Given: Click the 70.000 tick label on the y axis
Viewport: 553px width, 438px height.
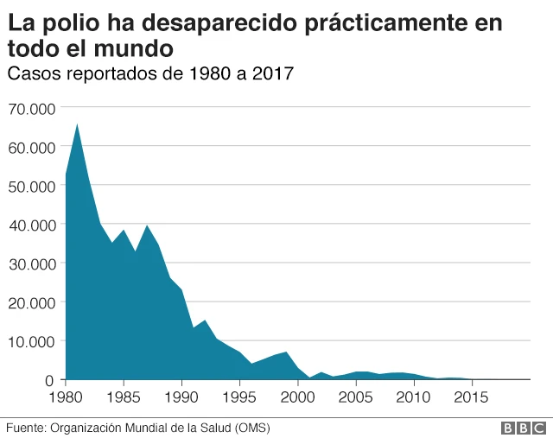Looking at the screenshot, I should click(31, 108).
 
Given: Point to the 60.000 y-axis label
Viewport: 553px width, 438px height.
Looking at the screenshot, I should click(31, 147).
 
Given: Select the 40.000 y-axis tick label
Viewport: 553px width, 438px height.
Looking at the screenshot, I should click(31, 225).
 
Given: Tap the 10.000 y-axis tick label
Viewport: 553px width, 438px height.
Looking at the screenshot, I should click(31, 341).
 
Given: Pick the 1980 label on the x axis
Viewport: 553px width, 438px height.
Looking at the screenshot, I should click(67, 397).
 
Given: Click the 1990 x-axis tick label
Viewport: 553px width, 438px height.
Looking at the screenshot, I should click(181, 397).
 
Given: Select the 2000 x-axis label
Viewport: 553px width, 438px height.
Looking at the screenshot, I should click(297, 397).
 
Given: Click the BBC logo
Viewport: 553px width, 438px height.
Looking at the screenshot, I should click(524, 428).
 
